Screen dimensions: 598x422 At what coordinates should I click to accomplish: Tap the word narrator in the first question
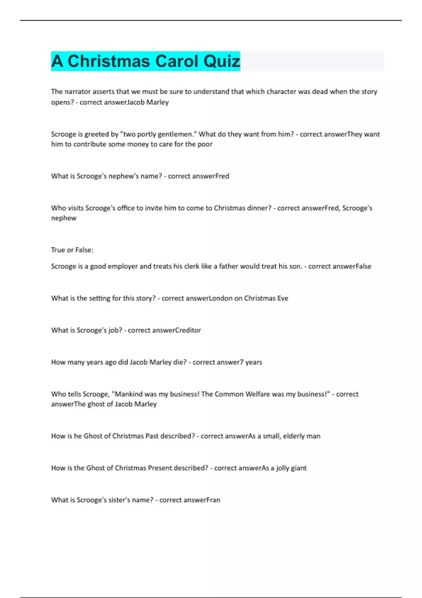[x=77, y=91]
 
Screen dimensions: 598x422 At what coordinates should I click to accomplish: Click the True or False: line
[x=72, y=250]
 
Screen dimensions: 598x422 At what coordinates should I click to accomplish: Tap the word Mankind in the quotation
[x=128, y=394]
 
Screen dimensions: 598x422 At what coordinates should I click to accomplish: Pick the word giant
[x=299, y=468]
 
